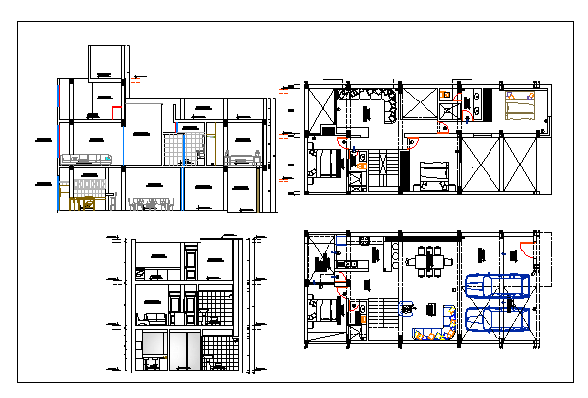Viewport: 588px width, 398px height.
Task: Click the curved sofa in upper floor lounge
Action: (x=368, y=101)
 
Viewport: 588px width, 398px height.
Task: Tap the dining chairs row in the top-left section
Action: (x=148, y=204)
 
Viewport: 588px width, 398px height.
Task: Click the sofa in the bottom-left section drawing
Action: (x=154, y=317)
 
